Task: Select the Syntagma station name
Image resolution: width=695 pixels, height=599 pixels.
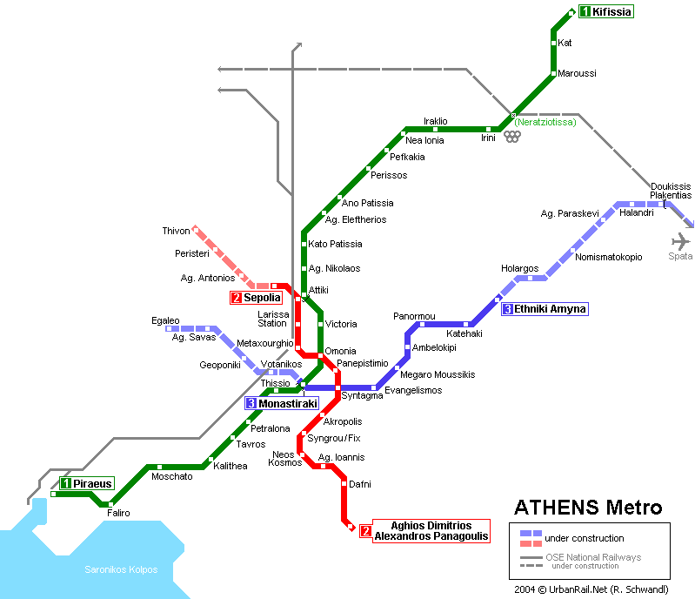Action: (x=362, y=396)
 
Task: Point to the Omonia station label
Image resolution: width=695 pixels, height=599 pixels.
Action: (x=340, y=351)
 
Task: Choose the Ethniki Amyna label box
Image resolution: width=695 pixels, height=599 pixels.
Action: (x=545, y=309)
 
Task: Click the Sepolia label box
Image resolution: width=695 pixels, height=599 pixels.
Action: (x=256, y=298)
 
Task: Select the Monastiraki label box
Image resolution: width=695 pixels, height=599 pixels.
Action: (x=282, y=404)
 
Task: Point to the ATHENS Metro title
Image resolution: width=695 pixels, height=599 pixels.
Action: (x=588, y=508)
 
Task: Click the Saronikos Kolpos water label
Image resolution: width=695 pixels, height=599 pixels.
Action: (x=121, y=569)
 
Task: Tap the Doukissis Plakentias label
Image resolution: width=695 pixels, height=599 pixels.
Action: (x=671, y=192)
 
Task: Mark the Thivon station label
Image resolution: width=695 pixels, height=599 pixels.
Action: (x=176, y=231)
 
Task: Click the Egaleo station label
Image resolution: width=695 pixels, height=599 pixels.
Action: (x=165, y=320)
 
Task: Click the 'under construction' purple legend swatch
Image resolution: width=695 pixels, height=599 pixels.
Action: (x=531, y=537)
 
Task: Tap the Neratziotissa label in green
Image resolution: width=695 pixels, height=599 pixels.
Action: (x=545, y=123)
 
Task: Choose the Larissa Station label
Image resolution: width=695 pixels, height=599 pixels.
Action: (x=272, y=319)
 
